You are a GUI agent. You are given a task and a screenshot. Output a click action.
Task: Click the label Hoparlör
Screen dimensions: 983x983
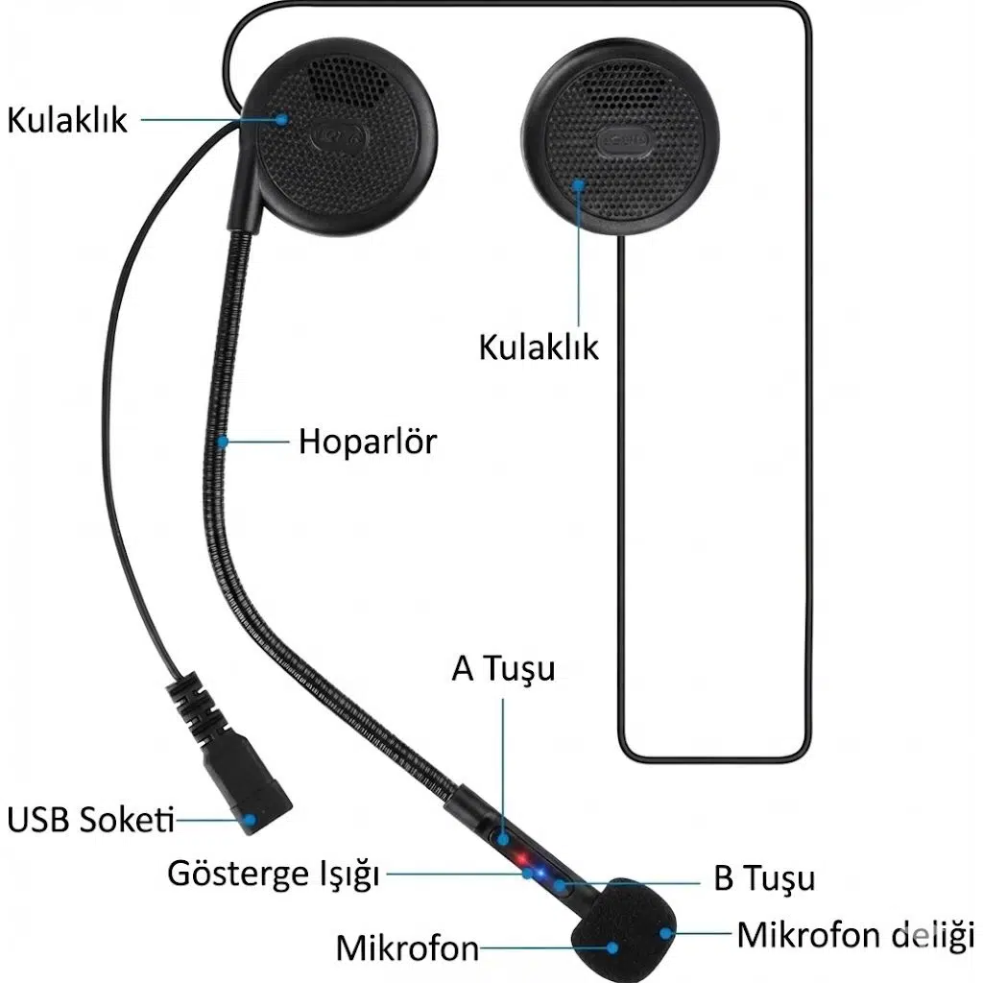[367, 442]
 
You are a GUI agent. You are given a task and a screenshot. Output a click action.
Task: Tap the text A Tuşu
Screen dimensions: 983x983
[503, 668]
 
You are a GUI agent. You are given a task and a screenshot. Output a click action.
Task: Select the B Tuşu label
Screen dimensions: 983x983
[764, 878]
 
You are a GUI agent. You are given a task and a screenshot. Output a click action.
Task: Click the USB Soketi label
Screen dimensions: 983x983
[92, 820]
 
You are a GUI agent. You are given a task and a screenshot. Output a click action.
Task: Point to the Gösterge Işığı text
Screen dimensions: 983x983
[274, 875]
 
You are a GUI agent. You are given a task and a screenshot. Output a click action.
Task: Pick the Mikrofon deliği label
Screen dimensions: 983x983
[855, 933]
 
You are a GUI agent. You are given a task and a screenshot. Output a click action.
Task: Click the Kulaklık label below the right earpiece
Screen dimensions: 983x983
[539, 347]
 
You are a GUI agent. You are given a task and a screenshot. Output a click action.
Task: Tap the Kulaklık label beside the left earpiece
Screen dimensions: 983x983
[67, 120]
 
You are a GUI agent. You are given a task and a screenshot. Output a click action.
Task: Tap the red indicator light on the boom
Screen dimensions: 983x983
[519, 857]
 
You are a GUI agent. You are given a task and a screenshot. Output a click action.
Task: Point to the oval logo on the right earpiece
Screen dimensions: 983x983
[623, 141]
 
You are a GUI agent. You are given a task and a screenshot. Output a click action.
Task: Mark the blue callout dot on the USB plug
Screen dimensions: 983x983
[251, 820]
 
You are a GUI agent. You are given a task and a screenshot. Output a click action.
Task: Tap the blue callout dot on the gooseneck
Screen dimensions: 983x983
[224, 443]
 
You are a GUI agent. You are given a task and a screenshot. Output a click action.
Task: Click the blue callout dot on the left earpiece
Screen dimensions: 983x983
[282, 119]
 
